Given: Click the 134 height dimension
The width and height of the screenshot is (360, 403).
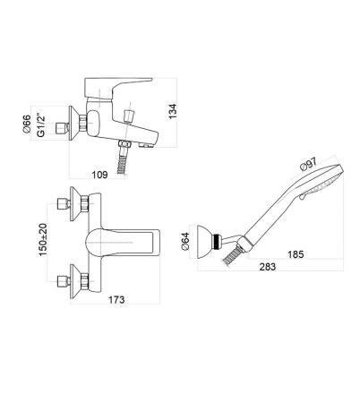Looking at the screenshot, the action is tap(173, 111).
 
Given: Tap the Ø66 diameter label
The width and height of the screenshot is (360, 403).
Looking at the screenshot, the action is tap(27, 124).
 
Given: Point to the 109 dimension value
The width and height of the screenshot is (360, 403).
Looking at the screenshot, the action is tap(99, 175).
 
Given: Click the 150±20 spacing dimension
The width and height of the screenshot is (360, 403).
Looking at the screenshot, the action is tap(43, 240).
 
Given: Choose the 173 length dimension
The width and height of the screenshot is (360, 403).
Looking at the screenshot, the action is tap(116, 299).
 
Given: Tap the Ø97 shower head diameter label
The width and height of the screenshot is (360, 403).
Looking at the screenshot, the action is tap(308, 164).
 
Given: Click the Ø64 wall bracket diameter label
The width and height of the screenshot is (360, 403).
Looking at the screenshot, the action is tap(185, 241).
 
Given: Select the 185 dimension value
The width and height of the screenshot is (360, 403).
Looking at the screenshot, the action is tap(296, 254).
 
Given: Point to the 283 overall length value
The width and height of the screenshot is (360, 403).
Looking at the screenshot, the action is tap(268, 266).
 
